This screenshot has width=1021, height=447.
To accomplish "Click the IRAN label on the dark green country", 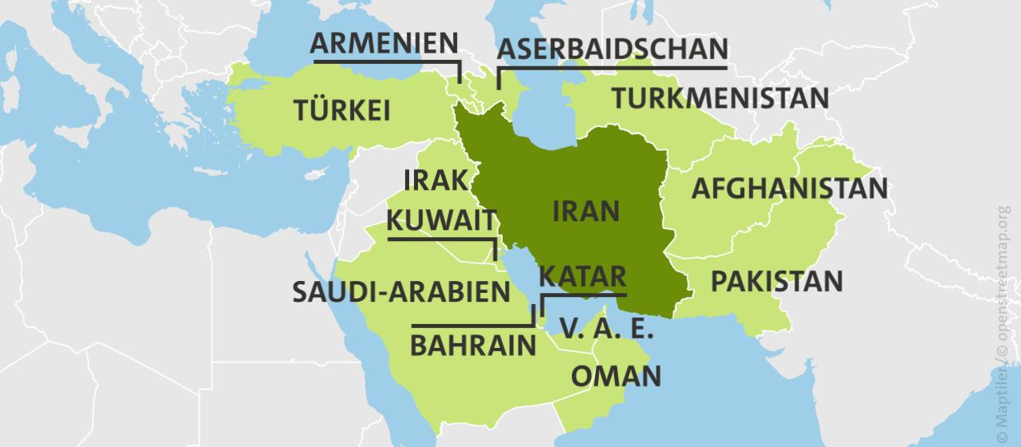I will [585, 211].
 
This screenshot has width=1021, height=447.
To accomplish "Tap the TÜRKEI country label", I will [341, 110].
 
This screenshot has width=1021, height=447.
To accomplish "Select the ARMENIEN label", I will [384, 43].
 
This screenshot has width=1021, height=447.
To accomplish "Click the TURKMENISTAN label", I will [720, 98].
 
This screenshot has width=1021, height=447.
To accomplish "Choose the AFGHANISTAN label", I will [789, 189].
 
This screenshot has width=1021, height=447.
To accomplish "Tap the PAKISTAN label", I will [776, 281].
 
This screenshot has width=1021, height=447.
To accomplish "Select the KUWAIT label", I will [438, 220].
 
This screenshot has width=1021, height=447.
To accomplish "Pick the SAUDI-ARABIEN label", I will [400, 292].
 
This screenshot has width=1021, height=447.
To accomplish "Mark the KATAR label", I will [582, 276].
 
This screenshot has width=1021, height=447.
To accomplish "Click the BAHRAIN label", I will [472, 346].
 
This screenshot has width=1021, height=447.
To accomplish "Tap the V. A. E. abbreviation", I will [606, 328].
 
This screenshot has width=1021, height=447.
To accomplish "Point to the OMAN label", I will [616, 375].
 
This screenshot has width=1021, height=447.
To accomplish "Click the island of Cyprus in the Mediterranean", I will [320, 173].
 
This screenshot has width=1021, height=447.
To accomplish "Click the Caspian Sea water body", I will [542, 108].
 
